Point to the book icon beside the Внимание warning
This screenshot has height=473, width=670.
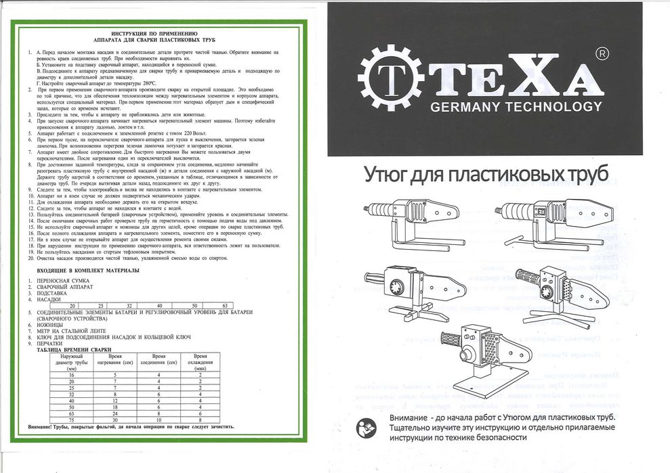pyautogui.click(x=365, y=426)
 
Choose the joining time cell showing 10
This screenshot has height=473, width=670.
pyautogui.click(x=158, y=420)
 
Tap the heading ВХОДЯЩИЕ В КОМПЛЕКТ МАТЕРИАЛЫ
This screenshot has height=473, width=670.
pyautogui.click(x=82, y=271)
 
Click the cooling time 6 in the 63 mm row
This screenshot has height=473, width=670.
pyautogui.click(x=201, y=414)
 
